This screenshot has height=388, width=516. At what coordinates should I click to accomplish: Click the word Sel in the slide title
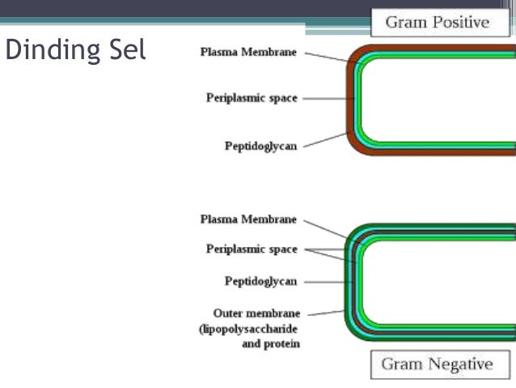pyautogui.click(x=126, y=50)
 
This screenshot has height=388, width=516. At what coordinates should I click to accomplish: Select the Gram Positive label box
pyautogui.click(x=437, y=22)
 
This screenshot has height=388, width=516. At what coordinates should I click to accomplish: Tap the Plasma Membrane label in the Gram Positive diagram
pyautogui.click(x=248, y=53)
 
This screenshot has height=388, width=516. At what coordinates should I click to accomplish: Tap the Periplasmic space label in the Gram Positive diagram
pyautogui.click(x=252, y=98)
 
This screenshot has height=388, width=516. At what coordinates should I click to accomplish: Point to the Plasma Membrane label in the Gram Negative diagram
pyautogui.click(x=248, y=220)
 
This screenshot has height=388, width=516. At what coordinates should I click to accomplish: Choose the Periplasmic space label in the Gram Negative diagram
pyautogui.click(x=252, y=249)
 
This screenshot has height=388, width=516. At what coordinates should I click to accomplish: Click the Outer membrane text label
pyautogui.click(x=256, y=313)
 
